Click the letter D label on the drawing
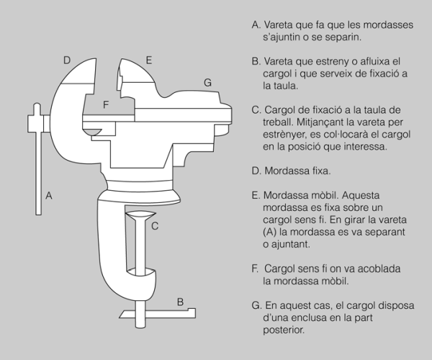point(67,60)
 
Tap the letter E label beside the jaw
point(149,60)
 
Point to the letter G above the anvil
point(207,83)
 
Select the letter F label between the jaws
point(106,104)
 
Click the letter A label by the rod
point(49,196)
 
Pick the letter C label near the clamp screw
point(155,226)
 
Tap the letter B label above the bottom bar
point(180,302)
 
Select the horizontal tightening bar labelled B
point(158,313)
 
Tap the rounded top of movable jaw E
point(137,71)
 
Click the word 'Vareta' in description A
point(278,24)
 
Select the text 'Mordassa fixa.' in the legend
point(297,171)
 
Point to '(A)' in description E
point(270,232)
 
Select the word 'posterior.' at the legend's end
point(284,330)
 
